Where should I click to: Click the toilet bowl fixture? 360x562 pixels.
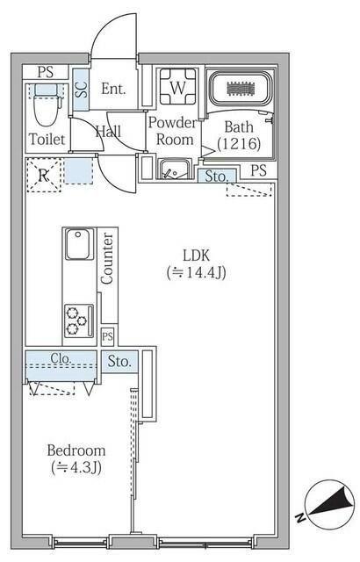click(x=47, y=104)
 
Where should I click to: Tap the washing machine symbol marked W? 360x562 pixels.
click(x=178, y=87)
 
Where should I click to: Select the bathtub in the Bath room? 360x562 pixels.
click(x=240, y=89)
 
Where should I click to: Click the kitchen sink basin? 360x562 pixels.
click(x=79, y=244)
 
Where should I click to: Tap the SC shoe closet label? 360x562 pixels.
click(x=82, y=90)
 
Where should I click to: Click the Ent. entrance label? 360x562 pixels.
click(x=113, y=89)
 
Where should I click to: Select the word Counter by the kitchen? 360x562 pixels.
click(x=107, y=258)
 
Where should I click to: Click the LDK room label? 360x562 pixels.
click(x=197, y=256)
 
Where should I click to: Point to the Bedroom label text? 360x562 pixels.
click(x=76, y=450)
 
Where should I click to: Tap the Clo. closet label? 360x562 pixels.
click(x=61, y=358)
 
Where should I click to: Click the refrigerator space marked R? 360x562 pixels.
click(x=44, y=176)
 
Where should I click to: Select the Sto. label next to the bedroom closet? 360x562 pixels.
click(x=119, y=361)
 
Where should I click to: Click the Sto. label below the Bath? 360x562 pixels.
click(x=217, y=176)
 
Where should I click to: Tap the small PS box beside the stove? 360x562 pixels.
click(x=107, y=336)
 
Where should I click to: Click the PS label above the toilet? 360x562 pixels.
click(x=46, y=72)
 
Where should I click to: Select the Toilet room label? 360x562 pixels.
click(x=47, y=140)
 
